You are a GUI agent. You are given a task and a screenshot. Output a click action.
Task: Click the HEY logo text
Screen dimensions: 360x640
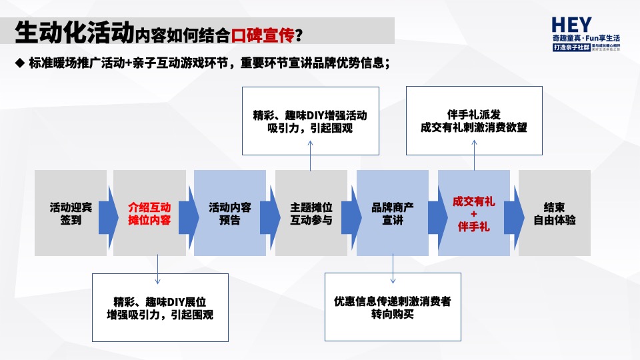[571, 25]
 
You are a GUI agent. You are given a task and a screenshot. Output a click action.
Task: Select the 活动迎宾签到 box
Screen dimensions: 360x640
[71, 213]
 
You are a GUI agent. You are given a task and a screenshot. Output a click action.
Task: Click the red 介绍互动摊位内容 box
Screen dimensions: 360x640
[149, 213]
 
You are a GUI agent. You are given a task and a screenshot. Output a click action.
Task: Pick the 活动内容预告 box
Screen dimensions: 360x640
[229, 213]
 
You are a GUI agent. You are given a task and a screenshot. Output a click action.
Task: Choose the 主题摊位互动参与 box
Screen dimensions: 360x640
[311, 213]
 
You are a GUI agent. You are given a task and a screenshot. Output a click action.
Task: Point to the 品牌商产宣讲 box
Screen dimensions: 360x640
[393, 213]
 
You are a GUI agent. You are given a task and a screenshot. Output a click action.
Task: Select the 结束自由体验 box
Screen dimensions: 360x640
[555, 213]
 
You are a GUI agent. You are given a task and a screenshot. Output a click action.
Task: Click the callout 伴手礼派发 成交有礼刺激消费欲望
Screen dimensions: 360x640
[474, 121]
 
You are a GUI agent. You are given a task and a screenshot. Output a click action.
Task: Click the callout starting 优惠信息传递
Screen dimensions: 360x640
[393, 307]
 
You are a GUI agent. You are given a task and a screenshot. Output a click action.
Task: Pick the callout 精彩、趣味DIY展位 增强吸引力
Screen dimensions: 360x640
[160, 307]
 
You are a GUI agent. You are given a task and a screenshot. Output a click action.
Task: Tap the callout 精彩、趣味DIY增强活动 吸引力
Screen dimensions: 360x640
[310, 121]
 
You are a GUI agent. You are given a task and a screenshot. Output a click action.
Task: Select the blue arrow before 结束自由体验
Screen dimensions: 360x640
[513, 213]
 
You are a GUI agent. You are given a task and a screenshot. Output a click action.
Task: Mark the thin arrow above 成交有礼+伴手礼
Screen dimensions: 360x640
[474, 161]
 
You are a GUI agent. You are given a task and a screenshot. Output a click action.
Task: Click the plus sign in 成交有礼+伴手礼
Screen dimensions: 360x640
[474, 213]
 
